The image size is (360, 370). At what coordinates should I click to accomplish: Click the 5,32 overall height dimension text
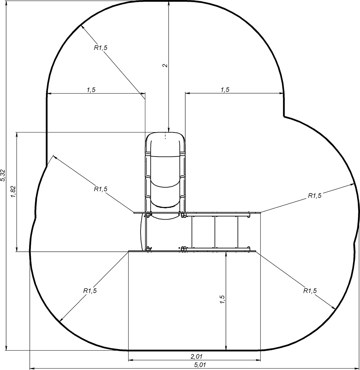(3, 175)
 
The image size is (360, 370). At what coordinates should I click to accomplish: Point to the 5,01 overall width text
(200, 365)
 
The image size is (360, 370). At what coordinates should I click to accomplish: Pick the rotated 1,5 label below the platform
(222, 300)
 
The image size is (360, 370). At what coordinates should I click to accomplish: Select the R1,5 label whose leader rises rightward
(315, 196)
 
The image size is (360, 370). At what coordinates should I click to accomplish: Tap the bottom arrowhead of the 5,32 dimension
(6, 348)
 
